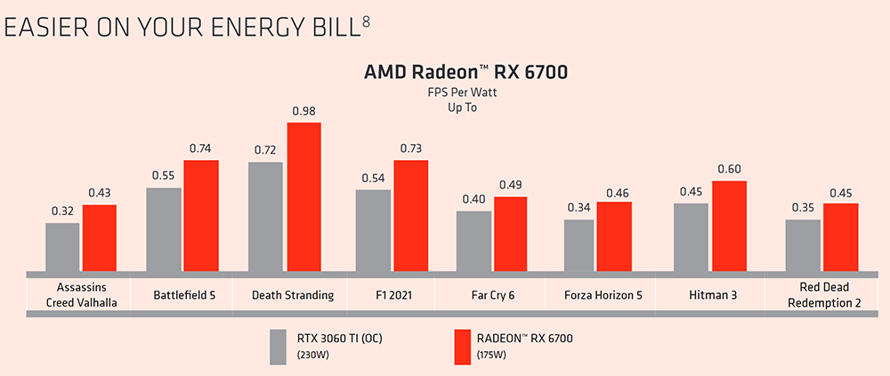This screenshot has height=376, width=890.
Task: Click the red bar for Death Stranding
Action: click(x=303, y=196)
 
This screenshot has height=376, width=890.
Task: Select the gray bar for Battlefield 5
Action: click(x=164, y=229)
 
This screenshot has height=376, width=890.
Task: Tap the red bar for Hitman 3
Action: click(x=729, y=226)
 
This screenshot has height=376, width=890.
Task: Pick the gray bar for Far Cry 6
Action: click(x=473, y=241)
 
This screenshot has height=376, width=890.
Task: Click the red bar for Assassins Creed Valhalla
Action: click(x=100, y=238)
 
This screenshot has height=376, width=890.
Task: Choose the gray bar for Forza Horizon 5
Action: click(x=578, y=245)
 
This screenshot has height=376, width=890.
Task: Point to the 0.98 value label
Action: click(x=303, y=111)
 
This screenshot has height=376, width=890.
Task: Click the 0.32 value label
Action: click(x=62, y=212)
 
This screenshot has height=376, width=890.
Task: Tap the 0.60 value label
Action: click(x=729, y=169)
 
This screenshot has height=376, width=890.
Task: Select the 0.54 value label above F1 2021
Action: click(x=373, y=178)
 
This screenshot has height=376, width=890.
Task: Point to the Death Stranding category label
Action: click(x=293, y=294)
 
